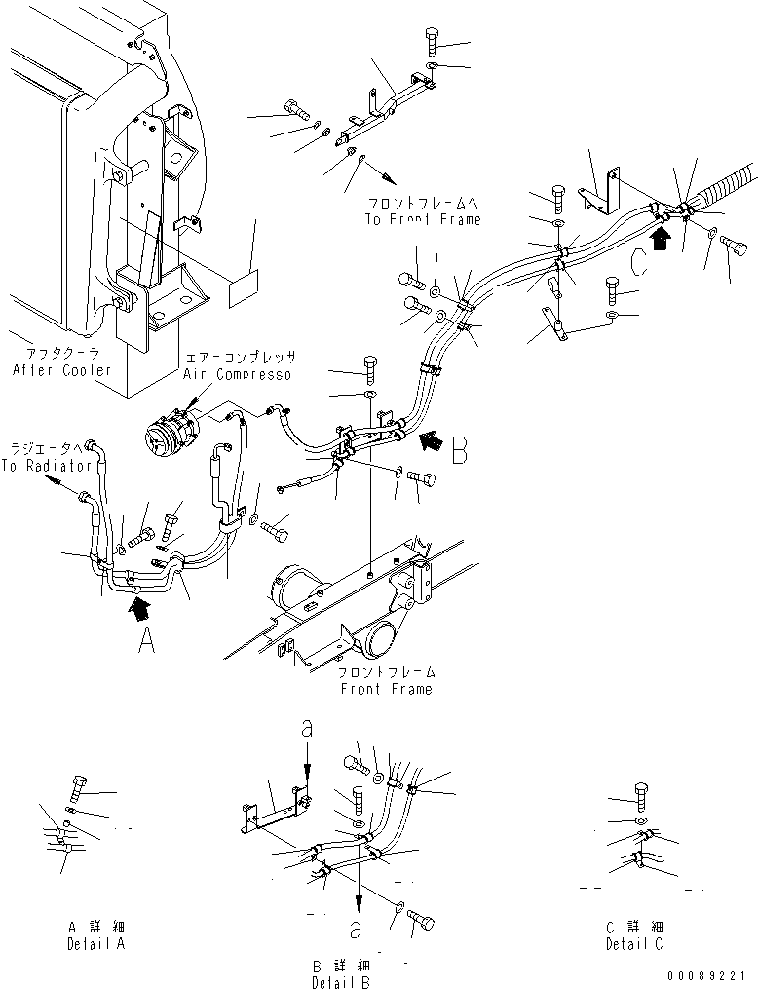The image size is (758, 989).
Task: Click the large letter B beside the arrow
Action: click(461, 450)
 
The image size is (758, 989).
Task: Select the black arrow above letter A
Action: click(140, 611)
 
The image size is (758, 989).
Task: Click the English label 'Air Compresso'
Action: click(239, 374)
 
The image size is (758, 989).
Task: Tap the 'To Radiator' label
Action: click(46, 466)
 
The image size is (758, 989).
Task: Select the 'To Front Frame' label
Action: click(424, 219)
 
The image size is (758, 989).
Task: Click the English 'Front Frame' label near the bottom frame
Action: click(386, 689)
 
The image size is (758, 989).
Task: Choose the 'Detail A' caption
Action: click(96, 944)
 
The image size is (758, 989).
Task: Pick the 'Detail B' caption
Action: click(339, 982)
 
